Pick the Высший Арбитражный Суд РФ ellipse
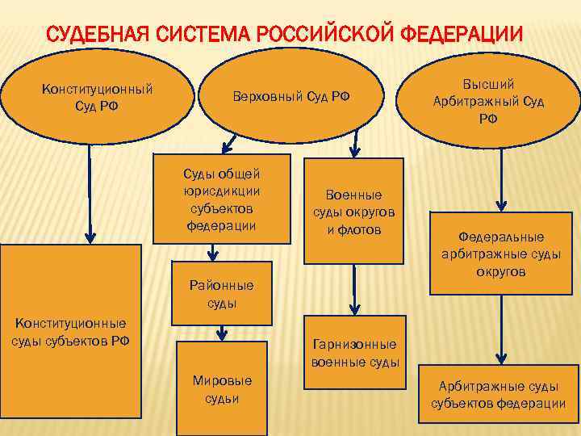(x=488, y=101)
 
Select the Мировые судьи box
(x=221, y=388)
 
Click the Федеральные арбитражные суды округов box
(x=501, y=254)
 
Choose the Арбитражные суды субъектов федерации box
(x=498, y=395)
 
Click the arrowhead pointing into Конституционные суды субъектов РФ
(x=90, y=237)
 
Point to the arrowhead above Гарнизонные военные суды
(x=353, y=308)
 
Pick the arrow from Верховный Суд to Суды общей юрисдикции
(x=229, y=146)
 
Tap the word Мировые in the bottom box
(x=221, y=380)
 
